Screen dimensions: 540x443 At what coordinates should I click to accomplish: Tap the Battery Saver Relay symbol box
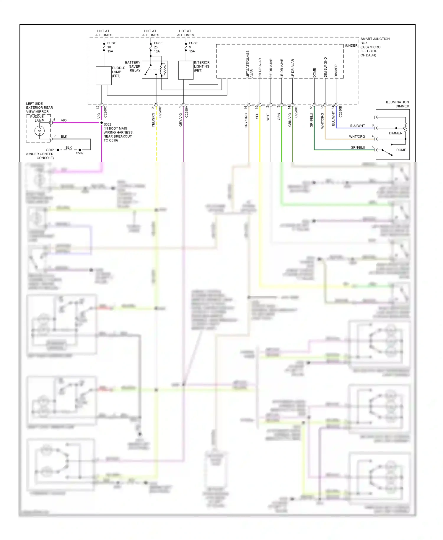(x=155, y=70)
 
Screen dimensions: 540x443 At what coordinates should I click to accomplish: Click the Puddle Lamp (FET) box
(x=104, y=76)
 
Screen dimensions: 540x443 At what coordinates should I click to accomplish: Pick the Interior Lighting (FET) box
(x=186, y=70)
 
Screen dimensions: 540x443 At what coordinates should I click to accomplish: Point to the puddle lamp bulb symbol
(x=39, y=131)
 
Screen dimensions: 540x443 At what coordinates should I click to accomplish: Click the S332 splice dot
(x=102, y=123)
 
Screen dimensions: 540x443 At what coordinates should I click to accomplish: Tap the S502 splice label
(x=79, y=153)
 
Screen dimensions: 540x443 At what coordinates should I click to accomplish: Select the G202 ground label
(x=50, y=150)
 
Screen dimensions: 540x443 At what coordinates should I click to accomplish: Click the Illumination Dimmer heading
(x=397, y=104)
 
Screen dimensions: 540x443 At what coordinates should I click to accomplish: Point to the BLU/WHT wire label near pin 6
(x=357, y=126)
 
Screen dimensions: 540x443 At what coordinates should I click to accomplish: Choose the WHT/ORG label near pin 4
(x=357, y=137)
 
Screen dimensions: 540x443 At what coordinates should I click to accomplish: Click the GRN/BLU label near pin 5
(x=358, y=147)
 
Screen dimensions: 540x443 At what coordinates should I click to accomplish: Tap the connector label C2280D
(x=160, y=112)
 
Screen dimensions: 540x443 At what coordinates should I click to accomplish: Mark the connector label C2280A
(x=186, y=112)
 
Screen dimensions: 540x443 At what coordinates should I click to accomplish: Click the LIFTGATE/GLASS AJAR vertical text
(x=250, y=64)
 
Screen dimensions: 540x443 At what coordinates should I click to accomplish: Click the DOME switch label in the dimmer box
(x=401, y=150)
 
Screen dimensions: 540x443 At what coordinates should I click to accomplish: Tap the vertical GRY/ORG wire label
(x=246, y=121)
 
